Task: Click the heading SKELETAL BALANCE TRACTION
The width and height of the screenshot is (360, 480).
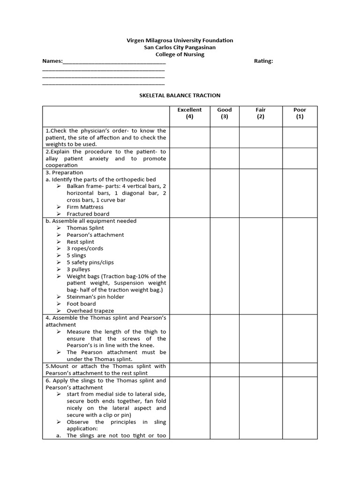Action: pyautogui.click(x=180, y=95)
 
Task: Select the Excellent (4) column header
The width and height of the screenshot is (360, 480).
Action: pyautogui.click(x=189, y=113)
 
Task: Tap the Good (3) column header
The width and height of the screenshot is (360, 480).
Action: pyautogui.click(x=225, y=113)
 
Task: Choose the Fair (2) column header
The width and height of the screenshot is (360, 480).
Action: pyautogui.click(x=261, y=113)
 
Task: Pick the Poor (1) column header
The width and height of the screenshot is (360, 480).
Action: pyautogui.click(x=300, y=113)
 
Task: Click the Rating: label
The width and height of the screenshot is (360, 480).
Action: pyautogui.click(x=263, y=61)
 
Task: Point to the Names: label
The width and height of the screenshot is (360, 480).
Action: pyautogui.click(x=52, y=61)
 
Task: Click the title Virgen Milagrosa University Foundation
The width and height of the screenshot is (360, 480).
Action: pyautogui.click(x=180, y=40)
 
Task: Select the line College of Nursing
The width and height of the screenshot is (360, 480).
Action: pyautogui.click(x=180, y=54)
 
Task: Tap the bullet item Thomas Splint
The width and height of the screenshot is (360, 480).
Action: pyautogui.click(x=85, y=228)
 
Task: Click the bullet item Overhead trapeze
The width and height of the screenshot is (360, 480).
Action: pyautogui.click(x=90, y=311)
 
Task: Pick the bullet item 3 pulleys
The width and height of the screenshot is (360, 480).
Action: pyautogui.click(x=78, y=270)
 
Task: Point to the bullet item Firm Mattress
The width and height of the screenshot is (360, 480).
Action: pyautogui.click(x=85, y=207)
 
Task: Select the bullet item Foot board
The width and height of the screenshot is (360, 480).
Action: pyautogui.click(x=81, y=304)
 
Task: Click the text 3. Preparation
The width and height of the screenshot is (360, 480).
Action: pyautogui.click(x=64, y=172)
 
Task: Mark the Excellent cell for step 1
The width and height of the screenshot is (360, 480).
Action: pyautogui.click(x=189, y=137)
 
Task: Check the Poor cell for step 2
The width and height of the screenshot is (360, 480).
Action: pyautogui.click(x=300, y=158)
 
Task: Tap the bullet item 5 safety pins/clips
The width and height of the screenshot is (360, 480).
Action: pyautogui.click(x=90, y=262)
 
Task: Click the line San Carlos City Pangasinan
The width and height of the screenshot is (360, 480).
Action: pyautogui.click(x=180, y=47)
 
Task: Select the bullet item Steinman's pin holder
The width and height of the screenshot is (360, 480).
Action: pyautogui.click(x=95, y=297)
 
